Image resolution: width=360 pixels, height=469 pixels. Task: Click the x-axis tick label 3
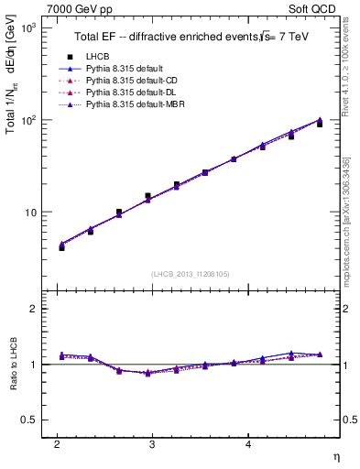coord(152,444)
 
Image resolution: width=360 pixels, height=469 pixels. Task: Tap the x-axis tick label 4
coord(248,444)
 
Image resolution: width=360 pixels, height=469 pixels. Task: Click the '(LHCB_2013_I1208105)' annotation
coord(190,274)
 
